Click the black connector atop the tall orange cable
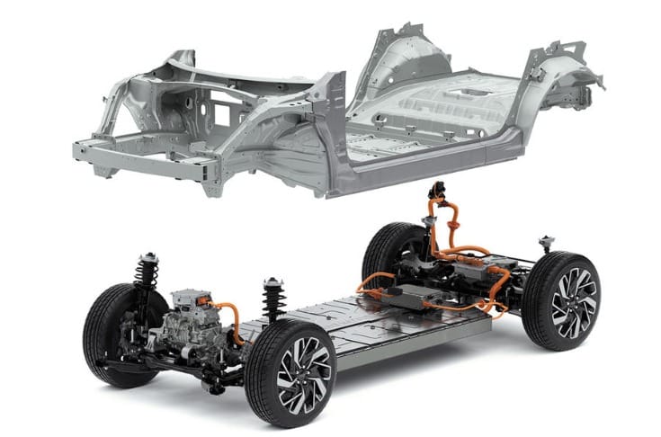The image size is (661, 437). [x=440, y=191]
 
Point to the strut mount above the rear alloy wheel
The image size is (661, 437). [x=545, y=243]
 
